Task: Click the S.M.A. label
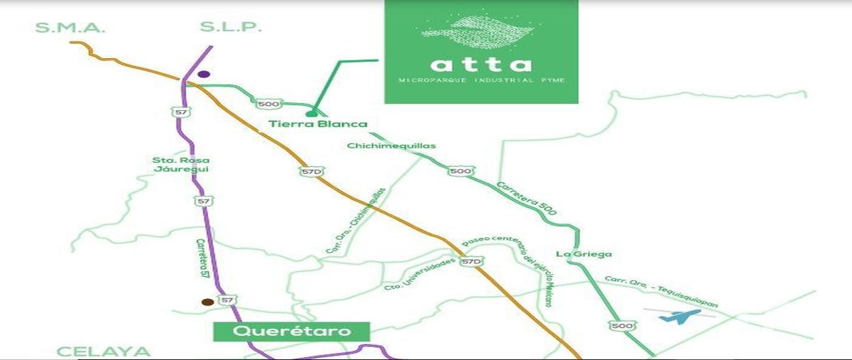(70, 28)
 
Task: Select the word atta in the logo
(481, 65)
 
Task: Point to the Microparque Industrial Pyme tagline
(481, 80)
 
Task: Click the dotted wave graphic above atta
(480, 33)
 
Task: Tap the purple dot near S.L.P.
(204, 74)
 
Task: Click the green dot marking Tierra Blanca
(310, 114)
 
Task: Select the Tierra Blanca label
(318, 124)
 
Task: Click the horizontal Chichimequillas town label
(391, 146)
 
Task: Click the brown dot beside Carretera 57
(207, 302)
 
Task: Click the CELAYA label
(104, 351)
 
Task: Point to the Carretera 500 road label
(527, 198)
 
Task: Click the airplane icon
(679, 316)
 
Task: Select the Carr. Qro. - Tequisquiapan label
(660, 291)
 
